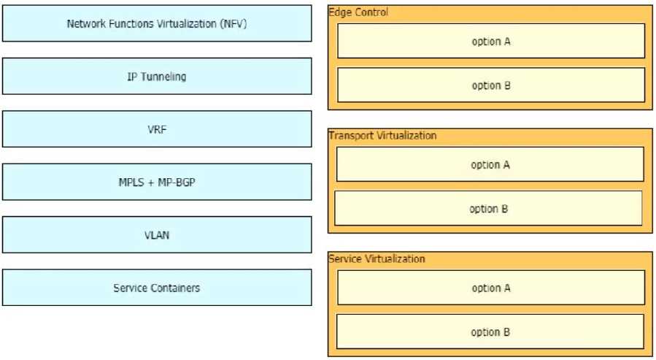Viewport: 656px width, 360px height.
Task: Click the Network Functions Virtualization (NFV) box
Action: point(157,23)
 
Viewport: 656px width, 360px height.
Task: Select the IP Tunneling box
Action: point(157,77)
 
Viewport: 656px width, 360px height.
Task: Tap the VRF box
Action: point(157,129)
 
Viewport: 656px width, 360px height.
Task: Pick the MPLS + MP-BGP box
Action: point(157,182)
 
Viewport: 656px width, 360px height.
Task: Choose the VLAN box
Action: point(157,235)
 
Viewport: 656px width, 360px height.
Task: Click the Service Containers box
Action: point(157,288)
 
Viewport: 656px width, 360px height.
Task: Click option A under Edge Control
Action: point(490,41)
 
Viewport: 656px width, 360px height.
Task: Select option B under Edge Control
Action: point(490,85)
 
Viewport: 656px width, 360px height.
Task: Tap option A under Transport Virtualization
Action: point(490,164)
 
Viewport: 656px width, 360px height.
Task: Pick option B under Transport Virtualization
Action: point(488,209)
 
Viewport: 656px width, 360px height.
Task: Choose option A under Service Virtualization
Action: point(490,288)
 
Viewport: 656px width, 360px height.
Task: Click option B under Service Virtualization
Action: point(490,332)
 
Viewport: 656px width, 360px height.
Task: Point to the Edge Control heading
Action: point(358,12)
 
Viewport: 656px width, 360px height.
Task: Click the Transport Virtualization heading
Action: point(382,136)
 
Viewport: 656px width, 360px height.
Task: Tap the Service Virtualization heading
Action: point(377,259)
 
